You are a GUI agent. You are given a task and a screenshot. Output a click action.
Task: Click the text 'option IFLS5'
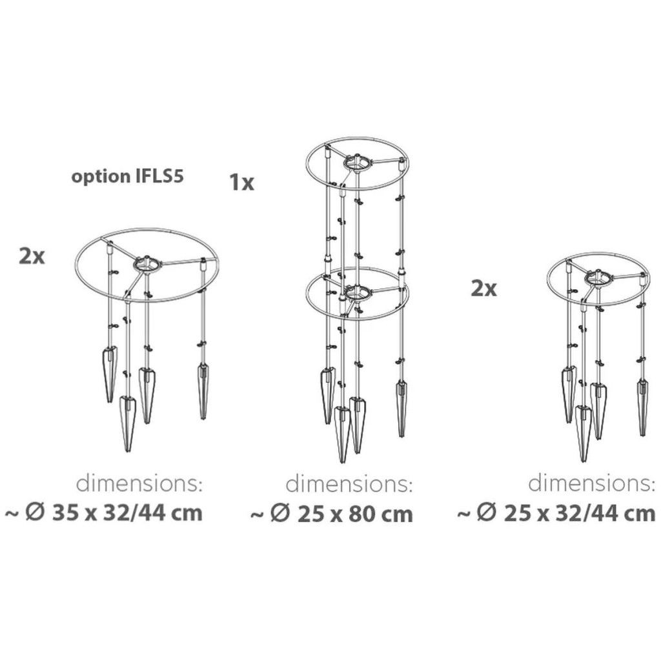(127, 177)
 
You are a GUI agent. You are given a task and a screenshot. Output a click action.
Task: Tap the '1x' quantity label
(241, 183)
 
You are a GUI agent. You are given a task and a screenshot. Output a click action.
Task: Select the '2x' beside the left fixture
(32, 256)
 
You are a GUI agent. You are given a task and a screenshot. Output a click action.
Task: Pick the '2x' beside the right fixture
(483, 289)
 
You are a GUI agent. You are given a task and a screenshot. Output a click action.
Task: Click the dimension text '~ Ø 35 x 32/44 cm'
(104, 513)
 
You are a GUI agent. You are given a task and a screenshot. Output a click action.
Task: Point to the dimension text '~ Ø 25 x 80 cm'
(332, 514)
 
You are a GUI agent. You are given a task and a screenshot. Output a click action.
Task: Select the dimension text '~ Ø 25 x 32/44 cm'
(556, 513)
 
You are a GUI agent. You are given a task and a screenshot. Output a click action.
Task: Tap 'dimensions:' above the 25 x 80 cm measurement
(349, 484)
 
